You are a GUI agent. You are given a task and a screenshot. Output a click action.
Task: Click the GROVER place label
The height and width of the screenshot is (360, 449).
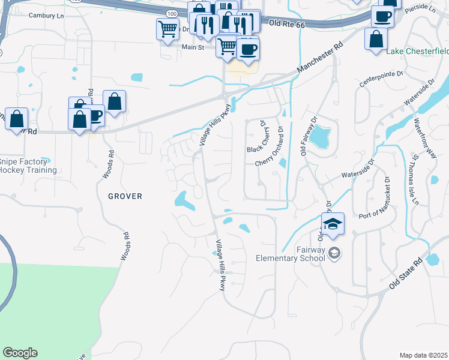pyautogui.click(x=125, y=196)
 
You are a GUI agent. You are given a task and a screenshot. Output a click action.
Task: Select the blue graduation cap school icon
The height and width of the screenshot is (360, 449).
pyautogui.click(x=333, y=224)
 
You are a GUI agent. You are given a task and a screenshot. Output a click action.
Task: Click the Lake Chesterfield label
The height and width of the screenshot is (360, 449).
pyautogui.click(x=417, y=51)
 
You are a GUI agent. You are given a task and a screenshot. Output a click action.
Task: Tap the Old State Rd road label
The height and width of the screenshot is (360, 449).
pyautogui.click(x=406, y=274)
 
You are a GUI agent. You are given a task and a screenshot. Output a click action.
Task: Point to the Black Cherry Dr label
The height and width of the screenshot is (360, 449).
pyautogui.click(x=257, y=136)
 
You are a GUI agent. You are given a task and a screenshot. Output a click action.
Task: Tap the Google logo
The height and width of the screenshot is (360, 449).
pyautogui.click(x=20, y=353)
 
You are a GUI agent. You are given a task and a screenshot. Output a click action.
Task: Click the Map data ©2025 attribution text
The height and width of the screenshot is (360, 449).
pyautogui.click(x=423, y=355)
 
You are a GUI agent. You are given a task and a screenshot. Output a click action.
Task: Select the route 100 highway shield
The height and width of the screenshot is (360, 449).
pyautogui.click(x=172, y=13)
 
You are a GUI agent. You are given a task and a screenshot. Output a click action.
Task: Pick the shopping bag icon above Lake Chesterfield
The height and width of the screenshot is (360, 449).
pyautogui.click(x=375, y=39)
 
